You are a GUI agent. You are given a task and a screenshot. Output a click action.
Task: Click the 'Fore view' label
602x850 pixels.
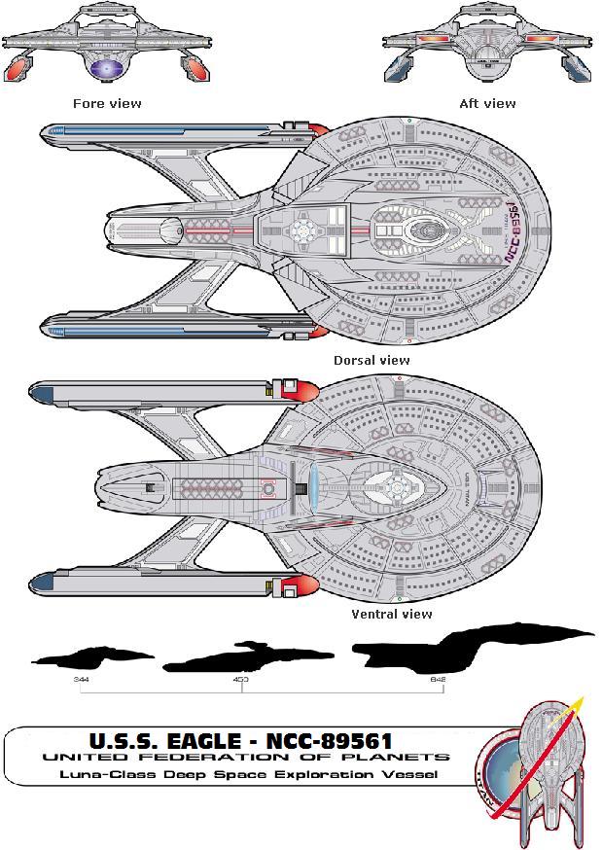(107, 103)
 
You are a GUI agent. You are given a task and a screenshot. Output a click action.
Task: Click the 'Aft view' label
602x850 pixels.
(487, 103)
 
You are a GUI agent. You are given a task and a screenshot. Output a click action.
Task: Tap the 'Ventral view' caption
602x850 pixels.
(392, 614)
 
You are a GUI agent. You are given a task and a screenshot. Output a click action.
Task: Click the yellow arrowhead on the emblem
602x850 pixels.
(577, 701)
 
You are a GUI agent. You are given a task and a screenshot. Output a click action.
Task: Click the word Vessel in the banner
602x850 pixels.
(412, 774)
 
